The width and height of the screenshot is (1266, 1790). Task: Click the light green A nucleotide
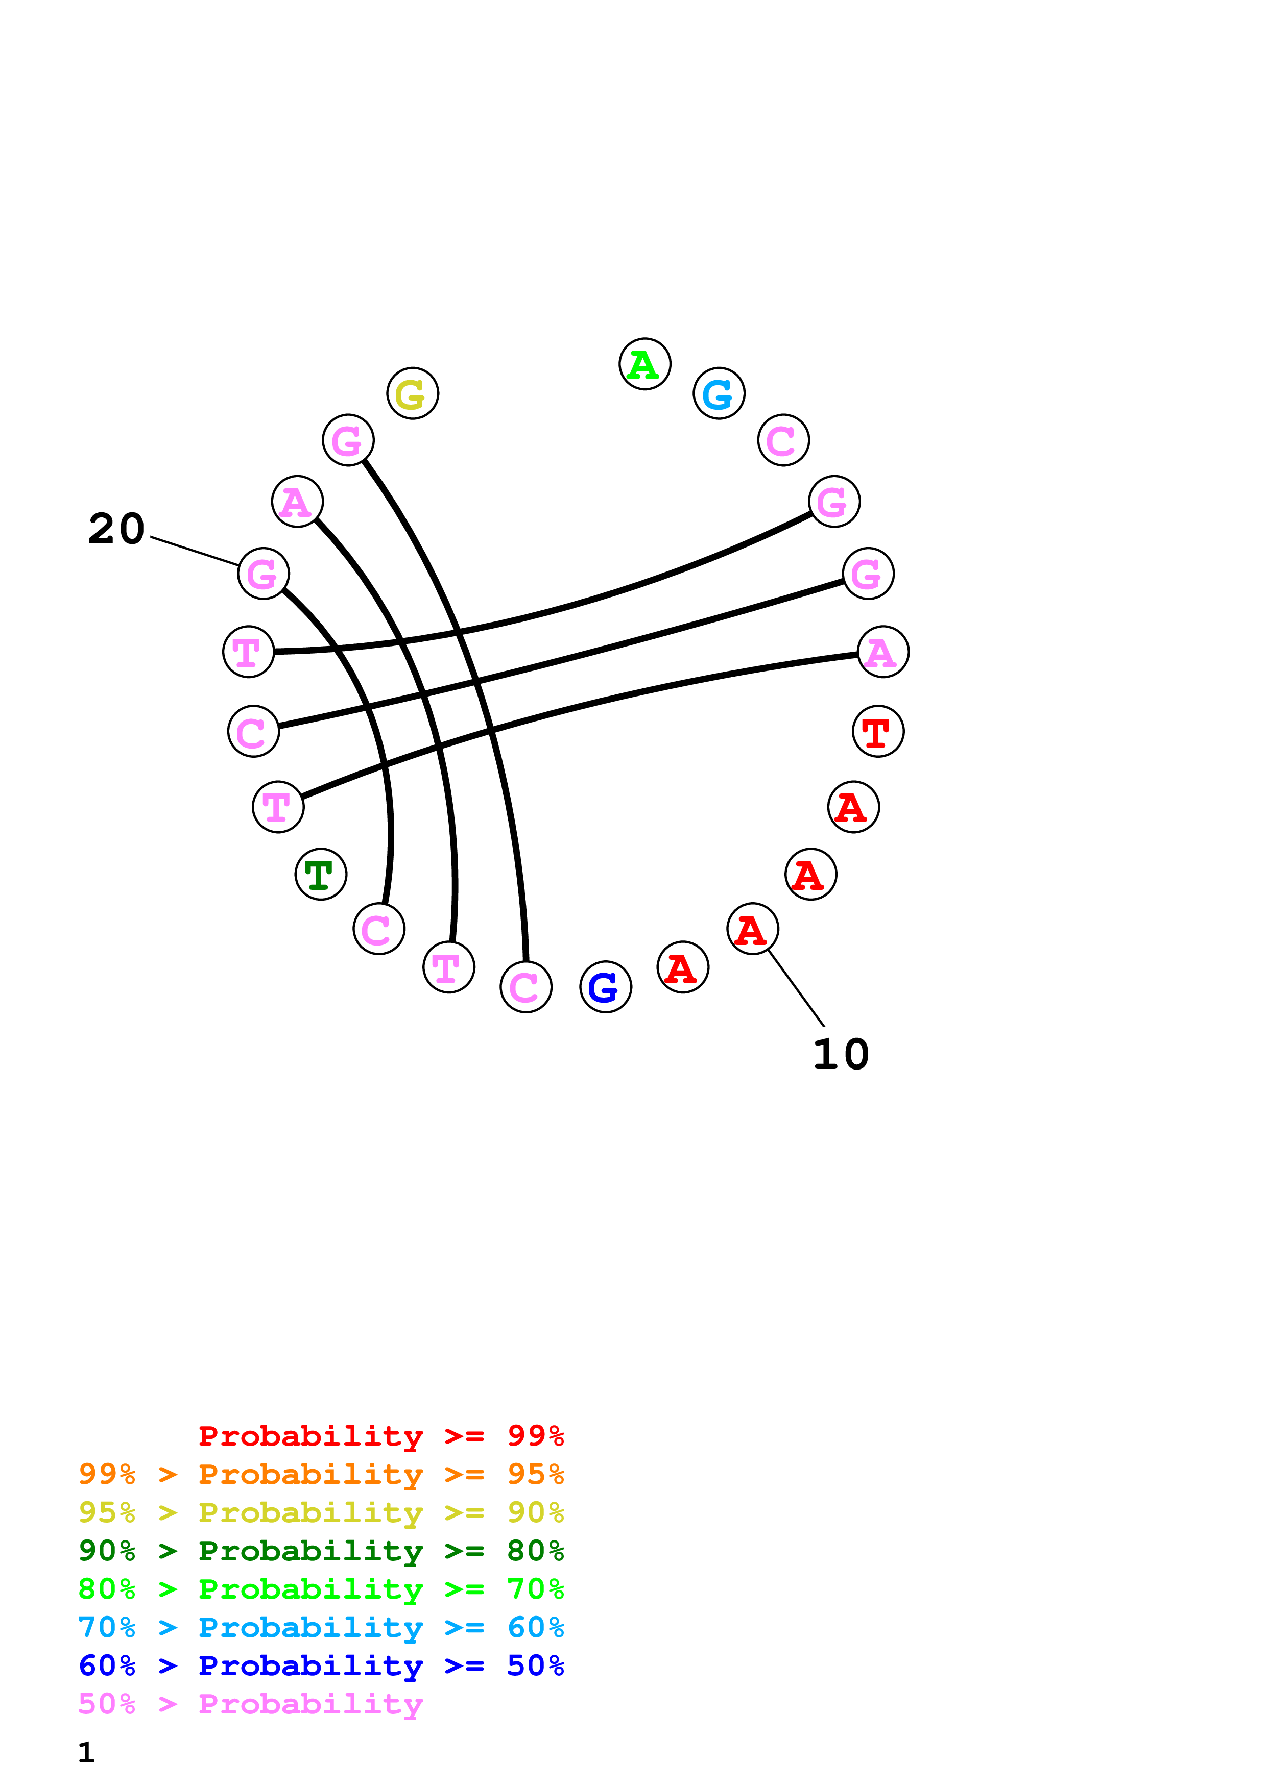(644, 364)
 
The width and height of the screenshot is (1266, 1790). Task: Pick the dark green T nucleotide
(321, 874)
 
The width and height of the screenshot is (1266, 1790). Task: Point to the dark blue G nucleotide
(605, 987)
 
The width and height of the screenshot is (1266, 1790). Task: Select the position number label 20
(116, 529)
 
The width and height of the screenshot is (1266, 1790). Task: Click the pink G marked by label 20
(263, 574)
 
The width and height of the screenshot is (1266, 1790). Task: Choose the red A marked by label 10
(752, 929)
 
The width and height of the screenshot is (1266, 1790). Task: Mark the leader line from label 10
(796, 988)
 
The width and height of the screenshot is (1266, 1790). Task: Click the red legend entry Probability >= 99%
(380, 1436)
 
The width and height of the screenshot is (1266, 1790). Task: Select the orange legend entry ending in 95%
(321, 1474)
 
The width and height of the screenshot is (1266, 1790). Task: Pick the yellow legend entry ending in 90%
(321, 1512)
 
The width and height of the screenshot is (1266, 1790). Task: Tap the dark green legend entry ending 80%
(321, 1551)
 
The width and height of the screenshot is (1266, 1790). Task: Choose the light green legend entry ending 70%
(321, 1589)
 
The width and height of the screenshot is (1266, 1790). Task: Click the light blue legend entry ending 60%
(321, 1627)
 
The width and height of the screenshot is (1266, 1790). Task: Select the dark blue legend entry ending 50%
(321, 1665)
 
